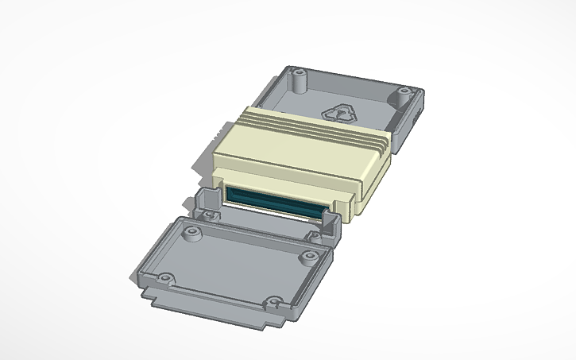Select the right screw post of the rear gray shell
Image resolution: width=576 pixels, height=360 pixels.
tap(403, 98)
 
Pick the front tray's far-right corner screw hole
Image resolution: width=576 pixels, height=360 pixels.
tap(307, 257)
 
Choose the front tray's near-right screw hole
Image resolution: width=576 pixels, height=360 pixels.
tap(273, 303)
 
